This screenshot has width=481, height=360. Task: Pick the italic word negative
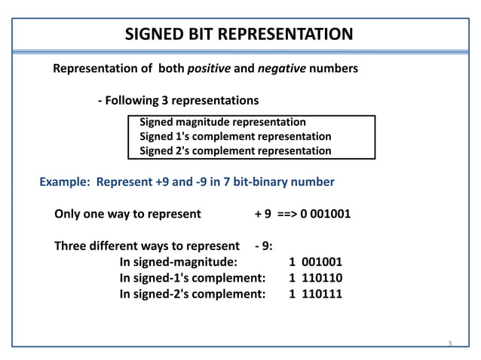pyautogui.click(x=282, y=69)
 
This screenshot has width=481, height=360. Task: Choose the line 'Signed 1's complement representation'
pyautogui.click(x=235, y=136)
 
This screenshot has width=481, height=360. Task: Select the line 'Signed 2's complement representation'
pyautogui.click(x=235, y=151)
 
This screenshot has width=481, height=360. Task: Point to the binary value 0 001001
pyautogui.click(x=325, y=213)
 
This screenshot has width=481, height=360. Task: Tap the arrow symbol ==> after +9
pyautogui.click(x=286, y=213)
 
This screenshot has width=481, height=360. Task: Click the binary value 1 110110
pyautogui.click(x=316, y=279)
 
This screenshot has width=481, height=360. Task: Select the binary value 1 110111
pyautogui.click(x=316, y=294)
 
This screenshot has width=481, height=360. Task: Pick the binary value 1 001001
pyautogui.click(x=316, y=263)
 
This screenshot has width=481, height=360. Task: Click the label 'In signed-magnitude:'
pyautogui.click(x=178, y=263)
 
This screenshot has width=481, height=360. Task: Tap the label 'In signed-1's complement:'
pyautogui.click(x=192, y=279)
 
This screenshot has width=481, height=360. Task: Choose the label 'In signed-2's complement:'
pyautogui.click(x=192, y=294)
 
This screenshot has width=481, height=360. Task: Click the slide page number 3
pyautogui.click(x=449, y=344)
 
